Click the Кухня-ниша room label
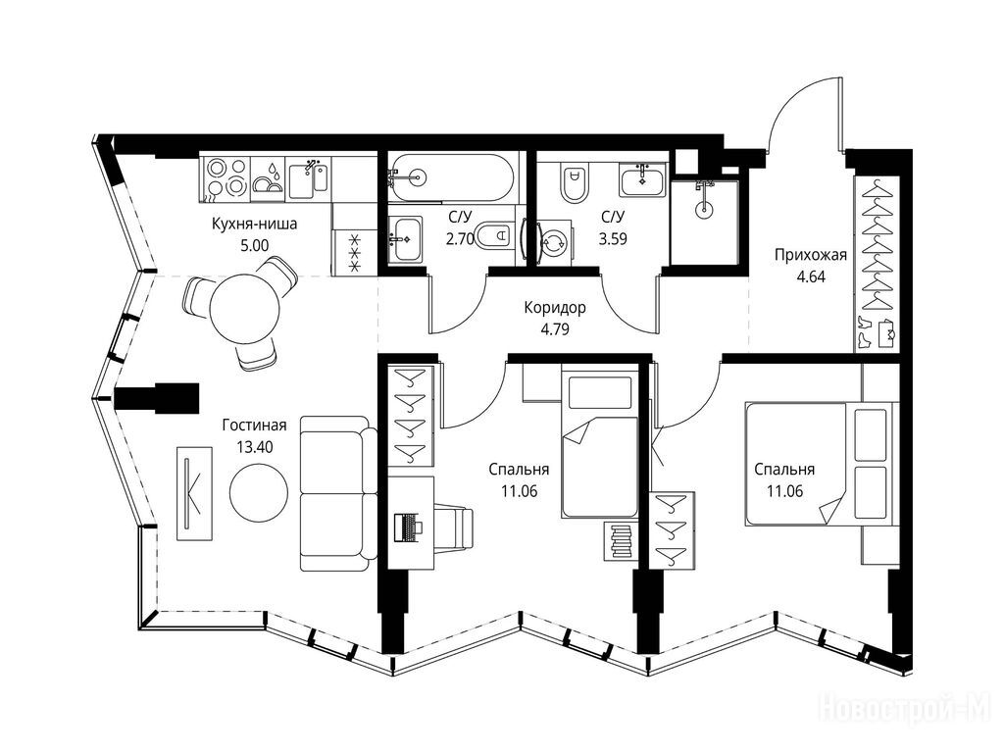pos(254,225)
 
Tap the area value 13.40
pos(254,446)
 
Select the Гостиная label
pos(254,425)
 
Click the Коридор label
pos(555,308)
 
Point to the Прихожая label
pos(811,255)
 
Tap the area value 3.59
pos(613,239)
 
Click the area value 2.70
pos(460,239)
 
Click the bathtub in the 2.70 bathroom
pos(451,176)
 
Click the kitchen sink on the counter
pos(308,177)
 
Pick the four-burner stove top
pos(226,176)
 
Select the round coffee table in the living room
pos(259,492)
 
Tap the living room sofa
pos(338,493)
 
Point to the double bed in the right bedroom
pos(820,464)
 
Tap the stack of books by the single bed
pos(621,541)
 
